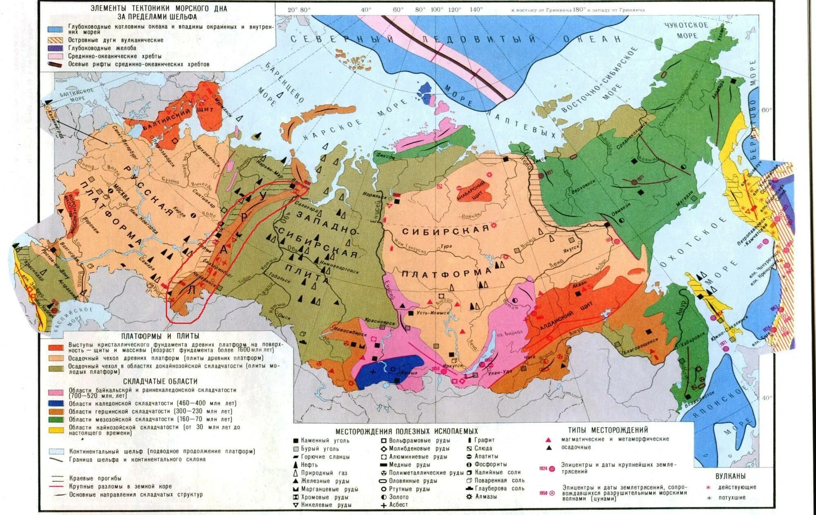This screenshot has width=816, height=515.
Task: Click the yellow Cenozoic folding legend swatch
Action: (56, 430)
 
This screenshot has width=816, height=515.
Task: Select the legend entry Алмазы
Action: (485, 497)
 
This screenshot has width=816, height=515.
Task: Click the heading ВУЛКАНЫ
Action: (730, 476)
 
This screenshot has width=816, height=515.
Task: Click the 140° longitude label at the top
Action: (476, 9)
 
